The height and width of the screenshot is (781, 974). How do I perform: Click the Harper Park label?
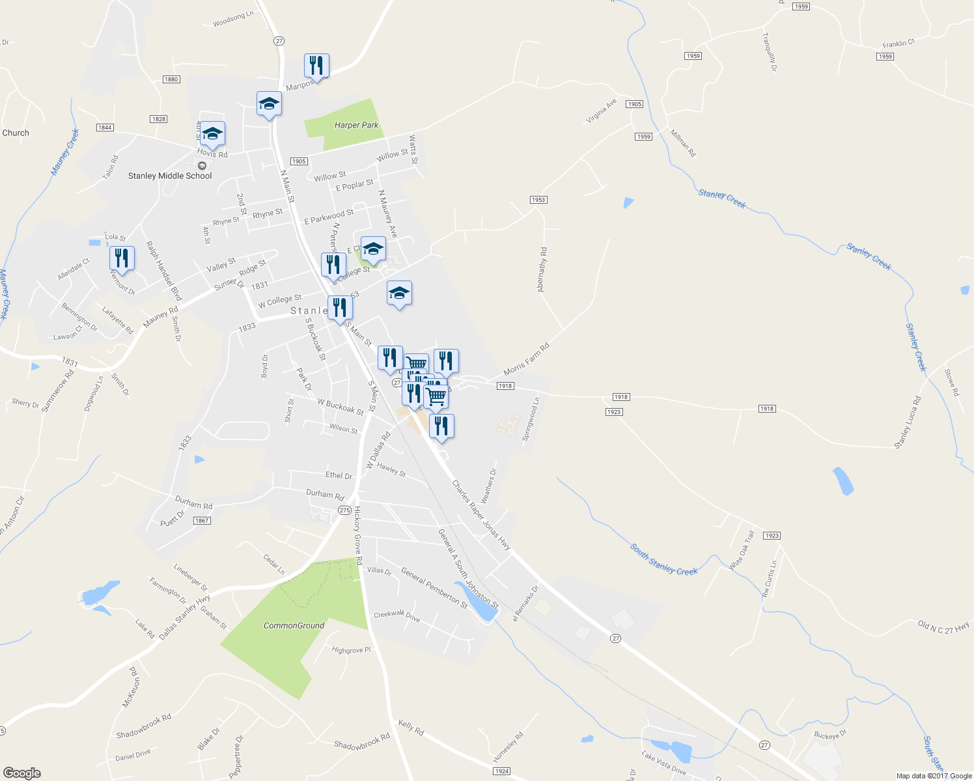356,125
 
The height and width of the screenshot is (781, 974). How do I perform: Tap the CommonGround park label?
294,625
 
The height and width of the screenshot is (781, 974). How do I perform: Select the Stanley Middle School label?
170,176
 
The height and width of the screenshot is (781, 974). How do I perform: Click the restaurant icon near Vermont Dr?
122,258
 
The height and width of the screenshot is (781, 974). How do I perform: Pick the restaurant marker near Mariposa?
316,66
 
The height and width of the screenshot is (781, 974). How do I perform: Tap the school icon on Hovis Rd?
212,134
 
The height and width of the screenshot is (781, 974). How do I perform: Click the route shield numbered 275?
344,510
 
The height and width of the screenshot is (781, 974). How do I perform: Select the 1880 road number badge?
171,79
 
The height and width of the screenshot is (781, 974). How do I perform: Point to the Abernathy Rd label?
542,269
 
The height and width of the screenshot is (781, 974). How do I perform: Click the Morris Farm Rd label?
526,360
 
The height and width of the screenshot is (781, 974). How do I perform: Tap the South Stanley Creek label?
663,560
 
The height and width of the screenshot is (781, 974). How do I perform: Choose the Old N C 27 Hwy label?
943,626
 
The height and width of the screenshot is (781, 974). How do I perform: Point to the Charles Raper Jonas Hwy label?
481,515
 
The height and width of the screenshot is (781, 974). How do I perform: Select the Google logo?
22,773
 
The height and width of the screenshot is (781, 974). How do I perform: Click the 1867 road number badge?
202,521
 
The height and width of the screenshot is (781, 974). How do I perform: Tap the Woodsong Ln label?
233,20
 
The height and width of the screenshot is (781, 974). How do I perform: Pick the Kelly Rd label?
411,728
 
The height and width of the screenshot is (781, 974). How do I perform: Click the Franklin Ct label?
898,44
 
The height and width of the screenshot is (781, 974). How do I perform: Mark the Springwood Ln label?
531,420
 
